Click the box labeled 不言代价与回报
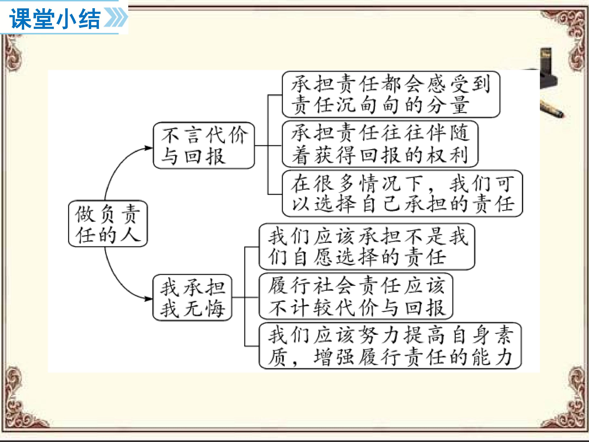point(204,145)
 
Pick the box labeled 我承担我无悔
point(192,298)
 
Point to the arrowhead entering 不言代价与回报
point(148,148)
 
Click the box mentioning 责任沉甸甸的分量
point(391,94)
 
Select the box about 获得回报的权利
point(380,144)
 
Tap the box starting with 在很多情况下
point(402,193)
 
